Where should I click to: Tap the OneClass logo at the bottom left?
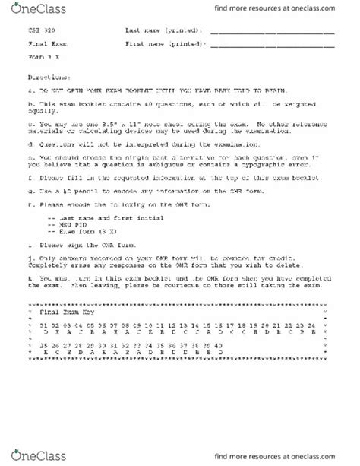click(x=30, y=455)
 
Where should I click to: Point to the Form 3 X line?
click(x=39, y=55)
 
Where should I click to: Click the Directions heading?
click(x=43, y=77)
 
